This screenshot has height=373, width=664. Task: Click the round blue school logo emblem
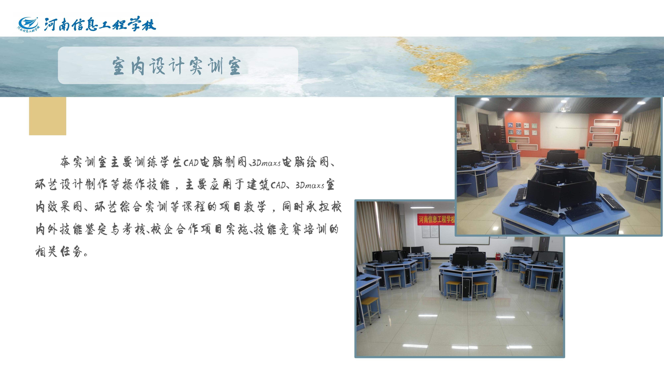coord(28,24)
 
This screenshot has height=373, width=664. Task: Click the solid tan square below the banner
coord(48,116)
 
